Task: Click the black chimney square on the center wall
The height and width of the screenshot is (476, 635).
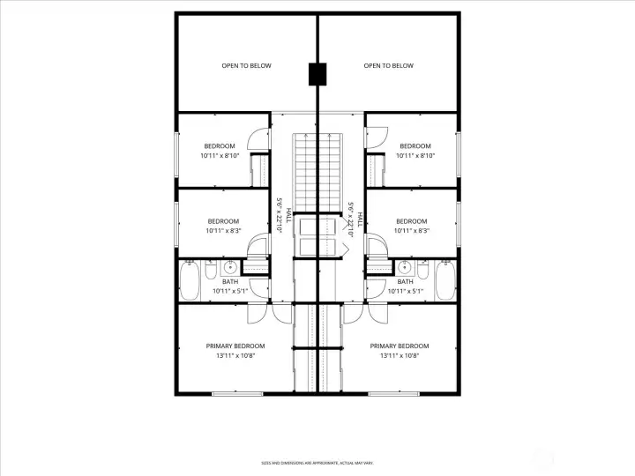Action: click(317, 74)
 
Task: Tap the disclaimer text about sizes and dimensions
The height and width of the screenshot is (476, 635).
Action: click(317, 463)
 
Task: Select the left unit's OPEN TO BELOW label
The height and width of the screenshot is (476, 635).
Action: click(246, 66)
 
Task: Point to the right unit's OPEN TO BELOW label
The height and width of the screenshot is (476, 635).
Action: click(389, 66)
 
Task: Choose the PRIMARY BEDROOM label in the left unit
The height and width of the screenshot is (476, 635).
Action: click(235, 346)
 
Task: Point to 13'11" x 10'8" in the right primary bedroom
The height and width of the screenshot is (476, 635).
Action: click(400, 356)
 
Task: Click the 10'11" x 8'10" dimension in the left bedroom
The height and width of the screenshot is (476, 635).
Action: click(220, 156)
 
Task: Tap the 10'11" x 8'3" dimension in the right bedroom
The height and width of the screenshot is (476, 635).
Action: click(411, 231)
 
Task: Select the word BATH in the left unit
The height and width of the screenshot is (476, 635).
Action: click(230, 281)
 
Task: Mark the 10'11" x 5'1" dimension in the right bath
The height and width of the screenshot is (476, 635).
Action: click(405, 290)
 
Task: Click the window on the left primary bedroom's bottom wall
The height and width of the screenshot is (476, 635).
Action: click(237, 393)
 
